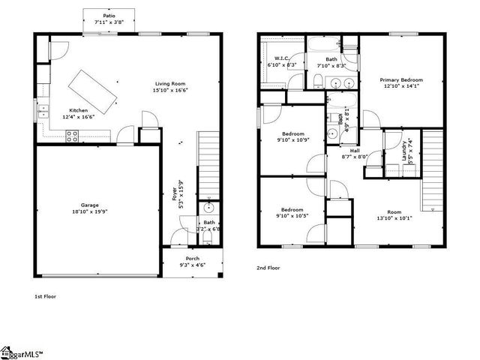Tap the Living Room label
pyautogui.click(x=170, y=83)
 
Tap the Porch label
pyautogui.click(x=193, y=258)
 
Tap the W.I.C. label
pyautogui.click(x=282, y=58)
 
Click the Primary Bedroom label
pyautogui.click(x=401, y=79)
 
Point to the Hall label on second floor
pyautogui.click(x=354, y=150)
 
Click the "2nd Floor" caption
pyautogui.click(x=268, y=267)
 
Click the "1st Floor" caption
pyautogui.click(x=45, y=296)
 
